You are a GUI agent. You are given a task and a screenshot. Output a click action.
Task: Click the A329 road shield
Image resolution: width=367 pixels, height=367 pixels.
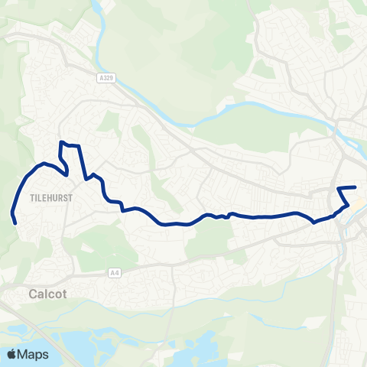[106, 77]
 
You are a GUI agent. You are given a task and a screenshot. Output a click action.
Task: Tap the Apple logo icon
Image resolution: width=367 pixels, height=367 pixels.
[13, 354]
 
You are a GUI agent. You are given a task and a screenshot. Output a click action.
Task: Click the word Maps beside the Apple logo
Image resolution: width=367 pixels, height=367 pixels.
[34, 355]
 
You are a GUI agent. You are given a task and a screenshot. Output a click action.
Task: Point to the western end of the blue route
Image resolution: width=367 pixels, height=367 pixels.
[16, 222]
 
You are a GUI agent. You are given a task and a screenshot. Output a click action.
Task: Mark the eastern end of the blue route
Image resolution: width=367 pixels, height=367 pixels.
[356, 187]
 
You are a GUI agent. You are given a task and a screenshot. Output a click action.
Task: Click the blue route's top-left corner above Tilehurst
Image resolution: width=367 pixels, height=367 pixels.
[61, 143]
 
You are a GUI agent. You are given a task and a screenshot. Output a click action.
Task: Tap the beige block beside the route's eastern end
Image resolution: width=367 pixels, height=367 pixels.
[360, 204]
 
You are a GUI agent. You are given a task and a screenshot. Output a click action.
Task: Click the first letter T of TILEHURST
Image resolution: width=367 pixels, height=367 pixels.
[31, 197]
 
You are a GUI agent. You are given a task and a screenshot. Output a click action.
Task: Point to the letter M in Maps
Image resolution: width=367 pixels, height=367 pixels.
[25, 355]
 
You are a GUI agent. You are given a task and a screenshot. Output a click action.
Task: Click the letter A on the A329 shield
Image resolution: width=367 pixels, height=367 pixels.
[101, 77]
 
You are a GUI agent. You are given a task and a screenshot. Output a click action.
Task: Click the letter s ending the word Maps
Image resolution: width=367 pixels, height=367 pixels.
[46, 356]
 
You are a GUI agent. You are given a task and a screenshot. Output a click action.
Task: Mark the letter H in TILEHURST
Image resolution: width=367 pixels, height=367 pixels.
[48, 197]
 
